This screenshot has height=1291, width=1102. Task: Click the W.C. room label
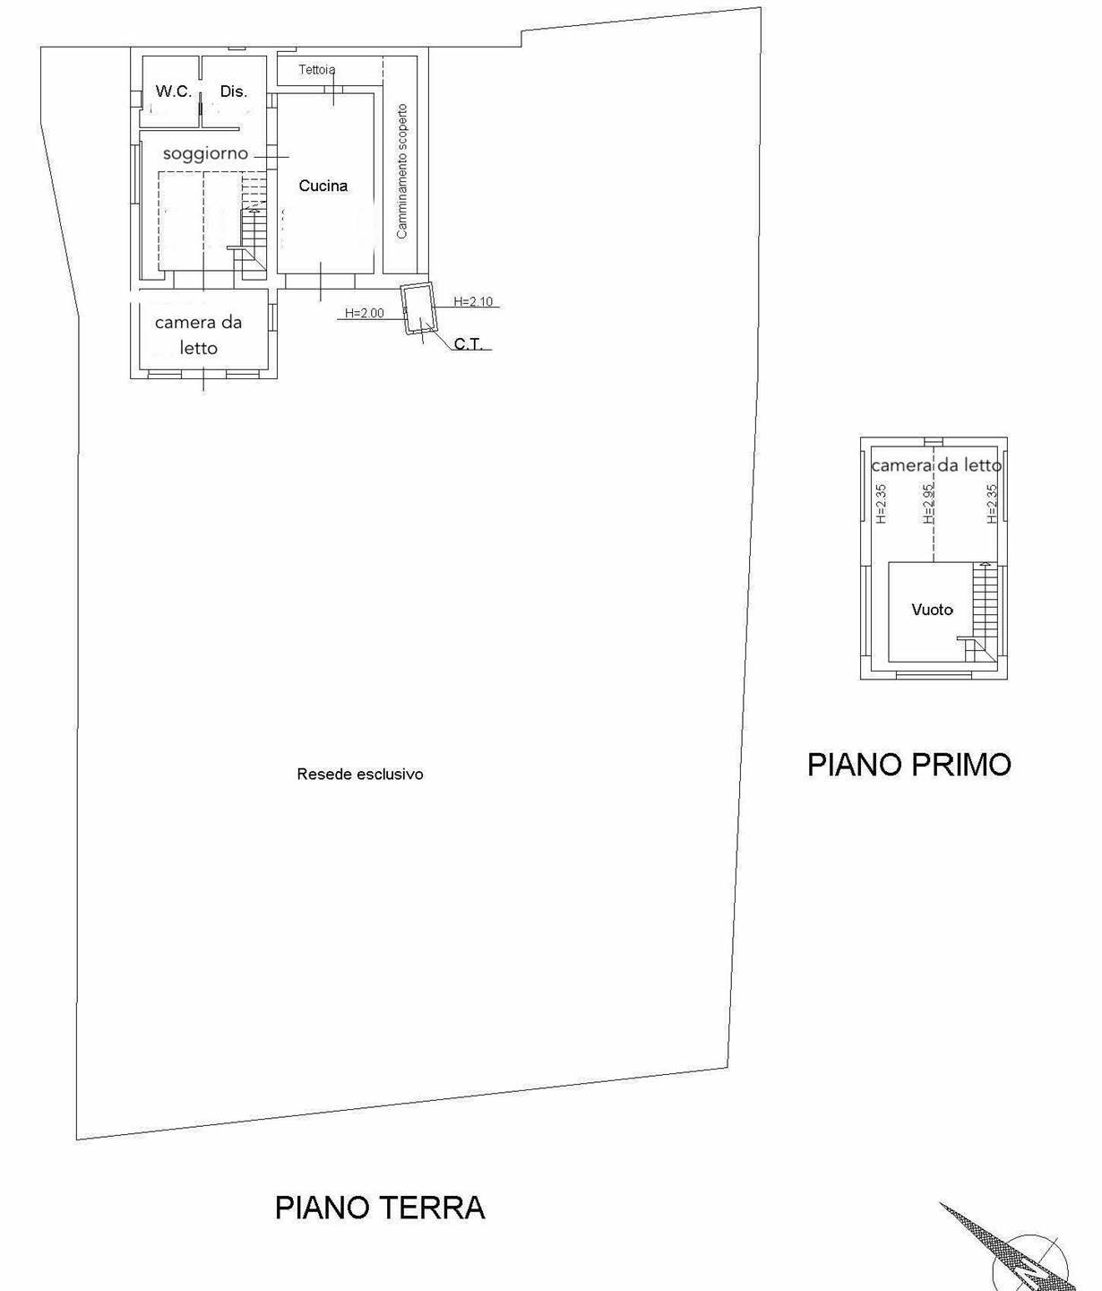click(173, 91)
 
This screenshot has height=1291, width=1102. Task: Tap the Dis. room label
click(233, 91)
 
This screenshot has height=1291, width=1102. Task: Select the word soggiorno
click(205, 153)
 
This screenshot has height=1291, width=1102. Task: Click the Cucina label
click(323, 186)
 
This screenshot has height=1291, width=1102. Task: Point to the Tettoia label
click(317, 70)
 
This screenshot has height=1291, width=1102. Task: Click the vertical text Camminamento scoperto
click(402, 171)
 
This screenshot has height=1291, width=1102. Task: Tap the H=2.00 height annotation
click(365, 313)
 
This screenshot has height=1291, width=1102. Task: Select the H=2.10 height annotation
click(473, 301)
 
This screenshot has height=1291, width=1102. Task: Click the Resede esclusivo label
click(359, 774)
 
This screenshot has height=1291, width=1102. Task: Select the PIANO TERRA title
click(379, 1208)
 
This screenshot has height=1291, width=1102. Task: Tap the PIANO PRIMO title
click(908, 765)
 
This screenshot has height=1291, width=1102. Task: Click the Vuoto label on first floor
click(932, 610)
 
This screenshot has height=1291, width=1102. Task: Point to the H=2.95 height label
click(929, 504)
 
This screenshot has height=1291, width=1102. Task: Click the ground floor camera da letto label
click(198, 334)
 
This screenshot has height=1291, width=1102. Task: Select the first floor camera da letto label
click(935, 465)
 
